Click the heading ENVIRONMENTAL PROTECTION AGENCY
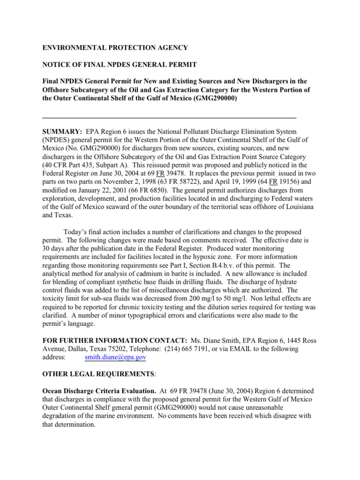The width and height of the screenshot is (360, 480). coord(115,47)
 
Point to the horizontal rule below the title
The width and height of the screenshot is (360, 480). coord(169,117)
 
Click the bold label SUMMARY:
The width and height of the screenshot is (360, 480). coord(62,132)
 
